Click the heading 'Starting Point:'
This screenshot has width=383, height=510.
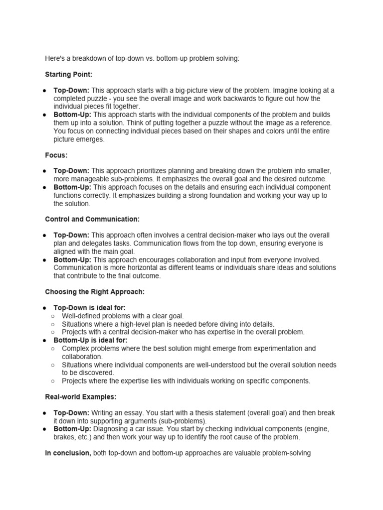click(69, 75)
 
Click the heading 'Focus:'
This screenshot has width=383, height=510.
click(56, 155)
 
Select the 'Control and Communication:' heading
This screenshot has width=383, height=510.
click(92, 219)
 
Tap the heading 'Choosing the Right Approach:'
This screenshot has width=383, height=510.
click(95, 292)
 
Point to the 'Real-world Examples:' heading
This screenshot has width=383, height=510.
click(81, 397)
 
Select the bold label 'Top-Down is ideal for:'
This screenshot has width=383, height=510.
click(90, 308)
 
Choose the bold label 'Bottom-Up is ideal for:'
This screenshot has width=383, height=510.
click(91, 340)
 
